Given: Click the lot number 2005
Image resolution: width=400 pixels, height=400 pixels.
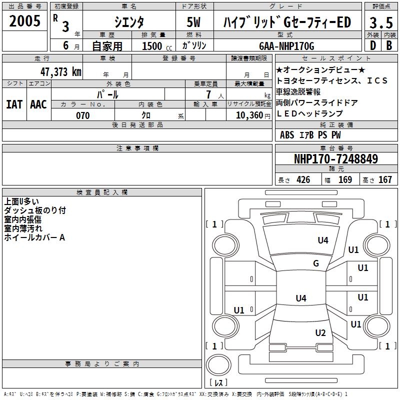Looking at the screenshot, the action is coord(24,21).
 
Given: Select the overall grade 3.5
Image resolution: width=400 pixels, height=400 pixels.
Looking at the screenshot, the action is coord(381,22).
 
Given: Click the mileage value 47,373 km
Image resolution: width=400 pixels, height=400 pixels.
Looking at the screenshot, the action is coord(60,71).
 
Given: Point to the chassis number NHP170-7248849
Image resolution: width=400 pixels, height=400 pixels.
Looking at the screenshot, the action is coord(335,159).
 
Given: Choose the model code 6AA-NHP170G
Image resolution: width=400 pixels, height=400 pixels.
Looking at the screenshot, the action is coord(286,46).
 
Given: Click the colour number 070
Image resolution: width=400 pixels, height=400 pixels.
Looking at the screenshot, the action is coord(82,115).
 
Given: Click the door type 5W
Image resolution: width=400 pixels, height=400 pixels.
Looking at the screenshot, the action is coord(194,22).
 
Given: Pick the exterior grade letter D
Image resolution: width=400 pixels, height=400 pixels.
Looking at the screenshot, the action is coord(372,45).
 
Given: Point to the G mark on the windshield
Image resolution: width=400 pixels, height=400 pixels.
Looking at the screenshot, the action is coord(316,263).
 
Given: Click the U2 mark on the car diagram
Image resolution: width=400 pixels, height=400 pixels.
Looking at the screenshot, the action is coord(320,333).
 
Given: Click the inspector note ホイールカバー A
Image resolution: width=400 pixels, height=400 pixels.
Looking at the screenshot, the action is coord(34,238).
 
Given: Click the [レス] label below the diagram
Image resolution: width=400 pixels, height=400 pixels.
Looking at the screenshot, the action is coord(220,383).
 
